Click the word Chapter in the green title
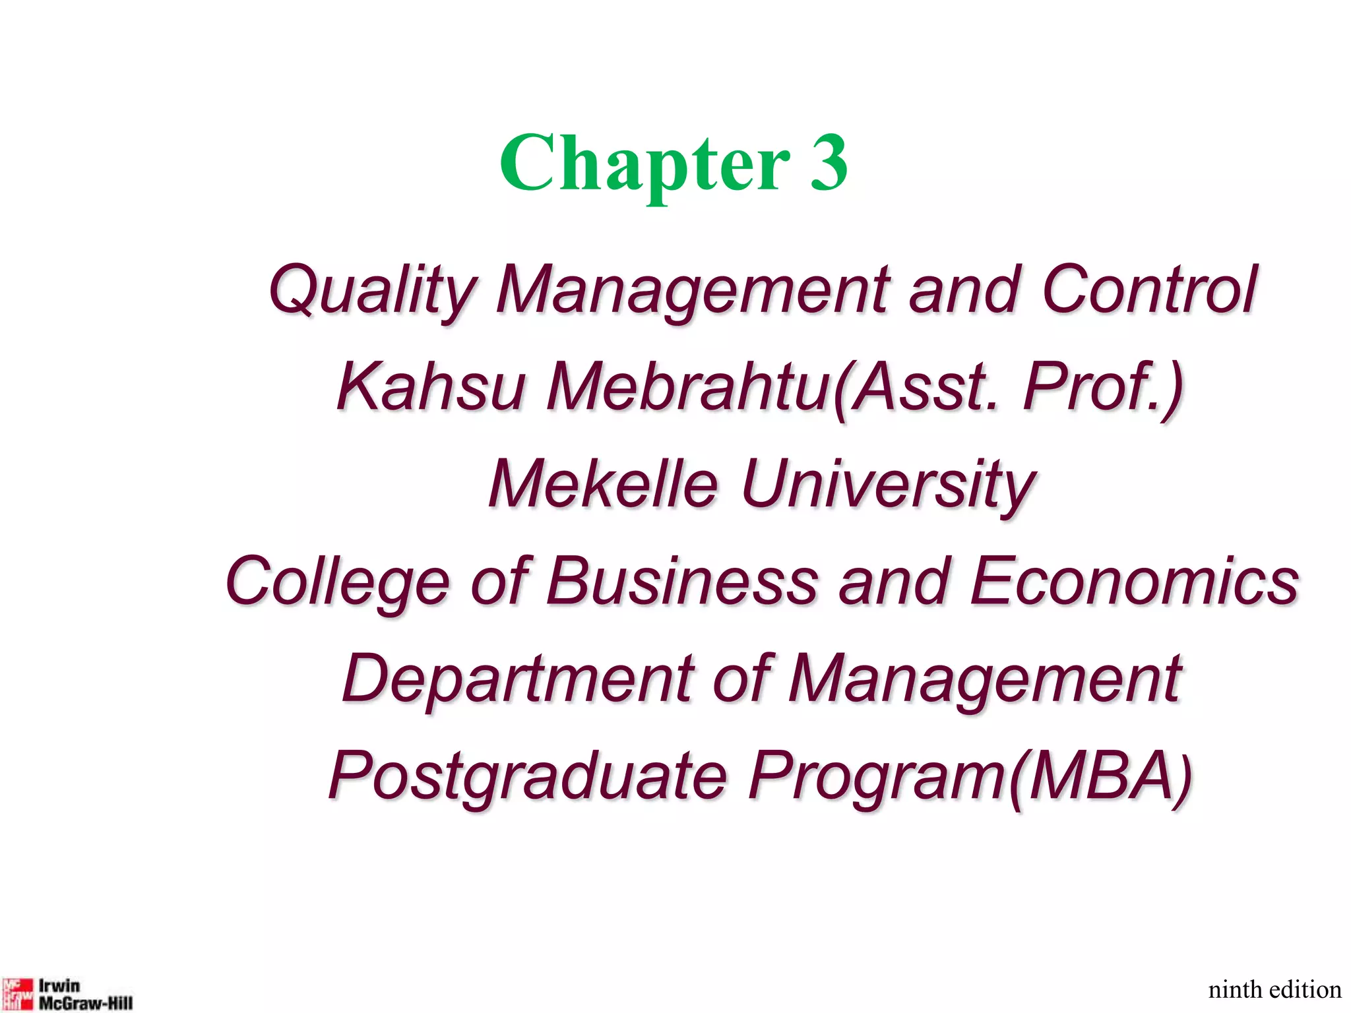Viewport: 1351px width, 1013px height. (644, 163)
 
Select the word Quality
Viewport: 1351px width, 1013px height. (372, 290)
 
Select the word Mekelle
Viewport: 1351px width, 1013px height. (603, 484)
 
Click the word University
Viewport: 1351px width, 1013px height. (887, 484)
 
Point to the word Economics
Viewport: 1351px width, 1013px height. (1135, 582)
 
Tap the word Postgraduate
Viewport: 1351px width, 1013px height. (528, 777)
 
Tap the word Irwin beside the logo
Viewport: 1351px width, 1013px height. (59, 986)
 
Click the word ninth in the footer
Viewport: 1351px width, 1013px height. (1235, 990)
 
